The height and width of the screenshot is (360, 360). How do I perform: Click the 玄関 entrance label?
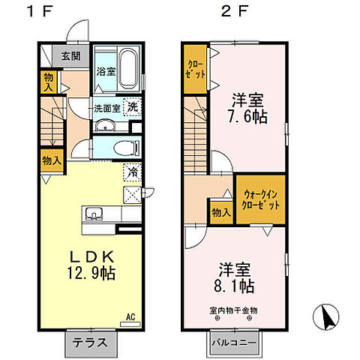click(71, 56)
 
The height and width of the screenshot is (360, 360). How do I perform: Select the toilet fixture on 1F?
click(127, 148)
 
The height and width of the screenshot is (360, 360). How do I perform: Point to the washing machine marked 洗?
click(133, 107)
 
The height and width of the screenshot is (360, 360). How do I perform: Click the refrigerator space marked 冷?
click(133, 172)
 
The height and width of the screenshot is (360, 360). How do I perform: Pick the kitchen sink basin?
click(94, 213)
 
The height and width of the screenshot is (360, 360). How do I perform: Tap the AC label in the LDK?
click(130, 317)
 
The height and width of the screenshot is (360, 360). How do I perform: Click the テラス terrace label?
click(90, 342)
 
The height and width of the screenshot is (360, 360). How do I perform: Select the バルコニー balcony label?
click(234, 343)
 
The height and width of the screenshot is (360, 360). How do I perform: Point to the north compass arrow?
click(326, 316)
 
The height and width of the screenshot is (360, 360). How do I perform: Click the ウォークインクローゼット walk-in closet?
click(261, 199)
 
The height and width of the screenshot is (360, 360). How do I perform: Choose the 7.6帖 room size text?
click(247, 116)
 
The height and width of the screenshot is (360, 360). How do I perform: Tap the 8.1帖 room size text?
click(234, 286)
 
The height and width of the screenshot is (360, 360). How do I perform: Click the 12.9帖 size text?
click(91, 273)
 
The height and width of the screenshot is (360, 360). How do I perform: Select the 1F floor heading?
click(40, 12)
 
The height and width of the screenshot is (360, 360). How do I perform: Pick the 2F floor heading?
click(234, 12)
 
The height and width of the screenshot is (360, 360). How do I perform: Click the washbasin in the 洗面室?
click(105, 125)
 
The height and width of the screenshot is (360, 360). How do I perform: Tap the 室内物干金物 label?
click(233, 310)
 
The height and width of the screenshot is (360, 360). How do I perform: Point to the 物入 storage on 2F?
click(221, 212)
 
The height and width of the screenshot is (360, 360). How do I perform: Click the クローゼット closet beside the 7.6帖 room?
click(196, 69)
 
